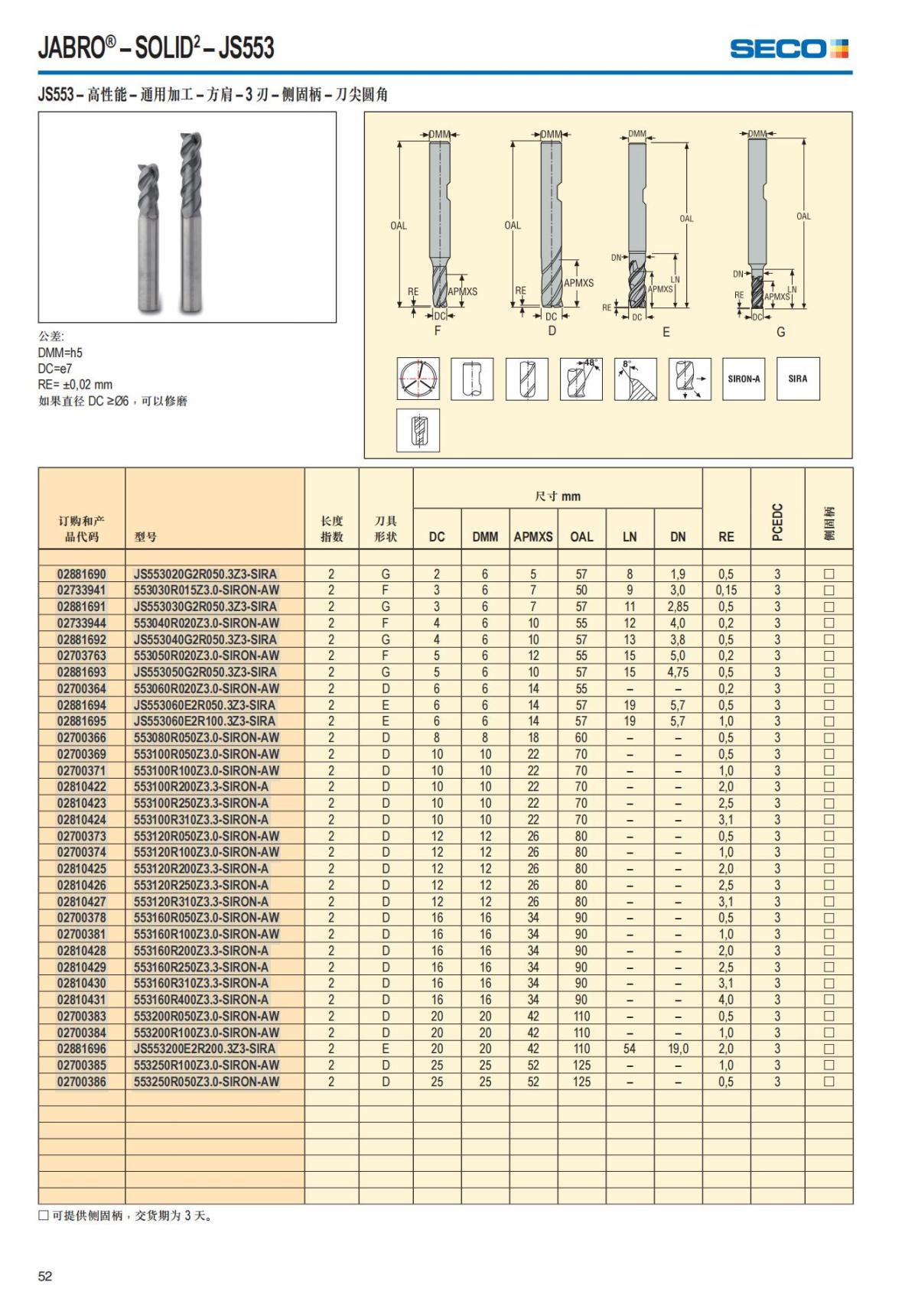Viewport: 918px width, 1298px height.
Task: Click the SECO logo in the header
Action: (x=789, y=49)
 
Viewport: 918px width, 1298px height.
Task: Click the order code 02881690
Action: (x=82, y=574)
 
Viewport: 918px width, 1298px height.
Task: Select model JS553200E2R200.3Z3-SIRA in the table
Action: (x=204, y=1049)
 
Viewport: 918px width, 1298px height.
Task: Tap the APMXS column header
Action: (x=532, y=537)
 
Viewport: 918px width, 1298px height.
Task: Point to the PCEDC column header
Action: (x=777, y=522)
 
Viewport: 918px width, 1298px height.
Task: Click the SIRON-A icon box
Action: (x=744, y=379)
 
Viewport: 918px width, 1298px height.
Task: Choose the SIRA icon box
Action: (x=798, y=379)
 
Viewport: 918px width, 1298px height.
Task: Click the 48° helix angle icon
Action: (x=581, y=379)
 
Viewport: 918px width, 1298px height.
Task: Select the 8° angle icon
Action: (x=635, y=379)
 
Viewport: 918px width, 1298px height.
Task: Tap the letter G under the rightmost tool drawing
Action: (x=780, y=332)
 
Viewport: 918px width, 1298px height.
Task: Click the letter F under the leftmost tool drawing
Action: (x=438, y=331)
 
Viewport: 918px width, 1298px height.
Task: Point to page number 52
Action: (x=45, y=1276)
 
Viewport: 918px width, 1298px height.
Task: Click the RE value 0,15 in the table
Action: (x=726, y=590)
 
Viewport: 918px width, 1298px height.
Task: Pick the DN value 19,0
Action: (x=678, y=1049)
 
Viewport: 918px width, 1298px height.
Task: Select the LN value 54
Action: (x=630, y=1049)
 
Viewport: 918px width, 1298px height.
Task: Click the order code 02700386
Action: (x=82, y=1082)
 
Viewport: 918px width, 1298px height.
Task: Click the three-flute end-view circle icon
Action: (x=418, y=379)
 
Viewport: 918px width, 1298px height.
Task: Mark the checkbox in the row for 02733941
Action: (x=828, y=590)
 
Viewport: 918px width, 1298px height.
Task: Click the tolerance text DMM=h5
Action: (x=60, y=353)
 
